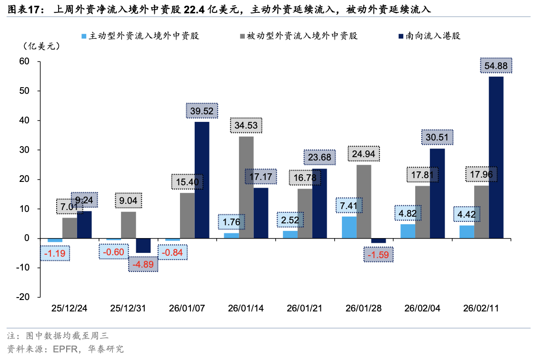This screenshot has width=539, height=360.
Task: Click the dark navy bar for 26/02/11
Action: [x=496, y=157]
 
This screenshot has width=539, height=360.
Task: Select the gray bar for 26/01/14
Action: [x=246, y=187]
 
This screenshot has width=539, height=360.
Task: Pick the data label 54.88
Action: [x=496, y=66]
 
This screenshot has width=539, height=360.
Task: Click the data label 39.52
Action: [x=202, y=111]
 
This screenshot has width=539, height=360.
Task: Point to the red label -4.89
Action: [x=143, y=264]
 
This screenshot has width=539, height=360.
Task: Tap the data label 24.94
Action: [x=364, y=153]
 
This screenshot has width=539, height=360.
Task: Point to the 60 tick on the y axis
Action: [x=24, y=61]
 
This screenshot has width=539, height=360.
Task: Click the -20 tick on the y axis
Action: [x=22, y=297]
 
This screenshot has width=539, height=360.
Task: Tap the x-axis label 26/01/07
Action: [x=187, y=308]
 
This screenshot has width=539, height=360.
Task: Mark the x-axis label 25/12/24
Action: [x=70, y=308]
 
